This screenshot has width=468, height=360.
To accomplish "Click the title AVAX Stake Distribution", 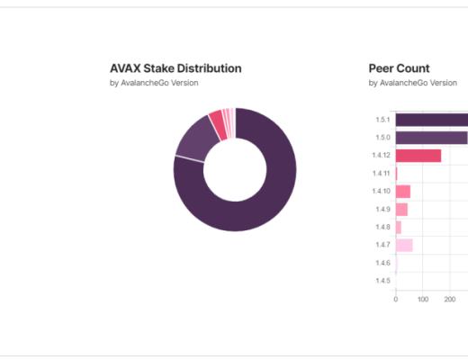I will click(x=175, y=68).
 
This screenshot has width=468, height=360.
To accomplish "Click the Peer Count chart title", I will click(x=399, y=68).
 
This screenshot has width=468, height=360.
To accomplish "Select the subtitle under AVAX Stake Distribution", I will click(x=153, y=84).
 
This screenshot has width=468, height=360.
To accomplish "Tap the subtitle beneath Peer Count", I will click(x=412, y=84).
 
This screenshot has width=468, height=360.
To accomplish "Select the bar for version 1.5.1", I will click(x=431, y=120).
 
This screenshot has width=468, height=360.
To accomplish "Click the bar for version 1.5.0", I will click(x=431, y=138).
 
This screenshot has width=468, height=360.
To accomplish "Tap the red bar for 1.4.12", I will click(x=418, y=156).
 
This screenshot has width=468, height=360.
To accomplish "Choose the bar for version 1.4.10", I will click(x=403, y=191).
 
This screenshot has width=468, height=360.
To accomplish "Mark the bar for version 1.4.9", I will click(x=401, y=209).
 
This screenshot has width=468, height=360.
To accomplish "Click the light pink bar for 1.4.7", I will click(x=404, y=245).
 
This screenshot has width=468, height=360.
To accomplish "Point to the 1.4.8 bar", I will click(x=399, y=227).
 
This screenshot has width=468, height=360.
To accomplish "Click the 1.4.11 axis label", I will click(x=382, y=173).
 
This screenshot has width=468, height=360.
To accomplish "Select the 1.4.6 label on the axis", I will click(x=382, y=263).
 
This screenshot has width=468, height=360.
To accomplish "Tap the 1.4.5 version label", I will click(x=382, y=281).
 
